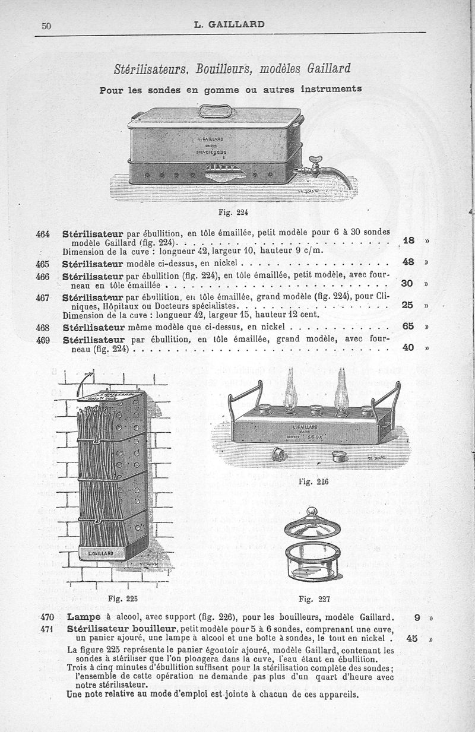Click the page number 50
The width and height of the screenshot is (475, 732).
tap(47, 26)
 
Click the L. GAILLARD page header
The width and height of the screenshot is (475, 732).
tap(229, 24)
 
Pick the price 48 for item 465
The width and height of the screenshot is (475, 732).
tap(408, 261)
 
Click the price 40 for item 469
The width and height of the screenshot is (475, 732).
tap(408, 347)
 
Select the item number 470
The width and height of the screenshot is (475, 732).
tap(48, 617)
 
